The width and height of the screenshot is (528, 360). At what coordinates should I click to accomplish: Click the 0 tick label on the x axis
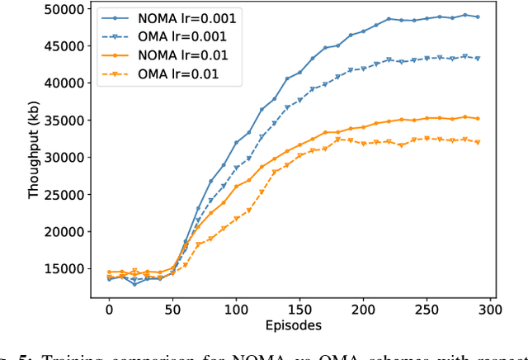pyautogui.click(x=109, y=309)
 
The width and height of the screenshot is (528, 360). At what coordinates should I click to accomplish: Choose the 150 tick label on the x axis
pyautogui.click(x=299, y=309)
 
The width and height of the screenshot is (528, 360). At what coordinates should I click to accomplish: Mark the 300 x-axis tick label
pyautogui.click(x=490, y=309)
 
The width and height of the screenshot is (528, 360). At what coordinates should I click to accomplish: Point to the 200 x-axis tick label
pyautogui.click(x=363, y=309)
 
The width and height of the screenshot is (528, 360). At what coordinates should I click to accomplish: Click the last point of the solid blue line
pyautogui.click(x=478, y=17)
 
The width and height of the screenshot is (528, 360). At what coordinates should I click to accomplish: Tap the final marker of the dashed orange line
pyautogui.click(x=478, y=142)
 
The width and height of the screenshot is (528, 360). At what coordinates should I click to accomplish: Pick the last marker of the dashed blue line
pyautogui.click(x=478, y=59)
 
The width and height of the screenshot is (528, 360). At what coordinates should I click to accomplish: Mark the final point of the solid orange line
pyautogui.click(x=478, y=118)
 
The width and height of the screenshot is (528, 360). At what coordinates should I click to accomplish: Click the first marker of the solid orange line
pyautogui.click(x=109, y=272)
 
